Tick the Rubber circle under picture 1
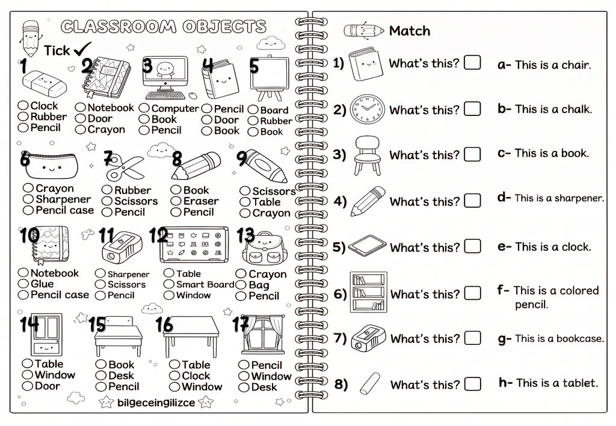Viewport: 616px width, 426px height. (x=23, y=117)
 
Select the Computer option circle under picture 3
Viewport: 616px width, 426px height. (x=144, y=108)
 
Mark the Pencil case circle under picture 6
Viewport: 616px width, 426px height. (x=28, y=210)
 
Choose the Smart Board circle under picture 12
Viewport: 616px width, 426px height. (x=169, y=284)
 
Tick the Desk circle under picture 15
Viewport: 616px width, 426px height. (x=101, y=376)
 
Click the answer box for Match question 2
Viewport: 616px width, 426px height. (x=472, y=109)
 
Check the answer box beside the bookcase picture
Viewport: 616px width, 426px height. (x=473, y=293)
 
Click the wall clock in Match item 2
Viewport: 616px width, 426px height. (x=368, y=109)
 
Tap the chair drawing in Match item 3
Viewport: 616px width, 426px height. (x=368, y=156)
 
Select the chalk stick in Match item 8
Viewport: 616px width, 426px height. (x=370, y=383)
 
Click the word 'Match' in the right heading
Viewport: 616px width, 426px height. (x=409, y=31)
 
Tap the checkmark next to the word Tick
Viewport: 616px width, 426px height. (x=82, y=49)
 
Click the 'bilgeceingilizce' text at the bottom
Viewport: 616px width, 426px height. (x=156, y=403)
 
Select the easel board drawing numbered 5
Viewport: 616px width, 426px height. (x=269, y=79)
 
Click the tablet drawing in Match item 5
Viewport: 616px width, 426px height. (x=368, y=246)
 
